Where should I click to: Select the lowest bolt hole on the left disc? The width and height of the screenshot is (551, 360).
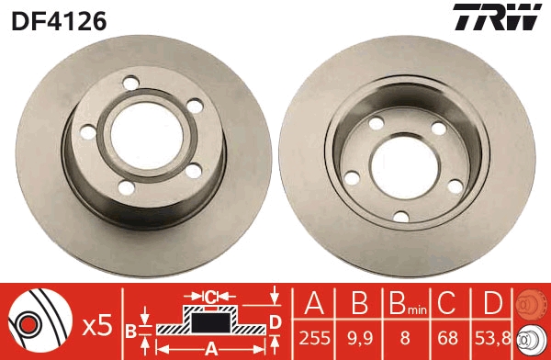(126, 186)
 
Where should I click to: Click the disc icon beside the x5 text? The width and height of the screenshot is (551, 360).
(40, 322)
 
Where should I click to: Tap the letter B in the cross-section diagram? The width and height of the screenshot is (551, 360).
(130, 330)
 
